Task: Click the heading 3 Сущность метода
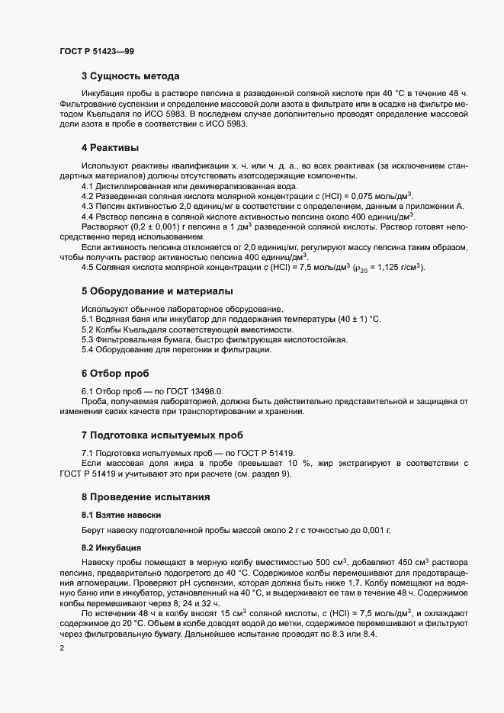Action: [130, 76]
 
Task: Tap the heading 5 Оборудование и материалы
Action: [157, 291]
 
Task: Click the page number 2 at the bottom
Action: [62, 648]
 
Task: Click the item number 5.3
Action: [88, 339]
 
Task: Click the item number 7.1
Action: [88, 452]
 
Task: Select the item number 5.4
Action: [88, 350]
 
